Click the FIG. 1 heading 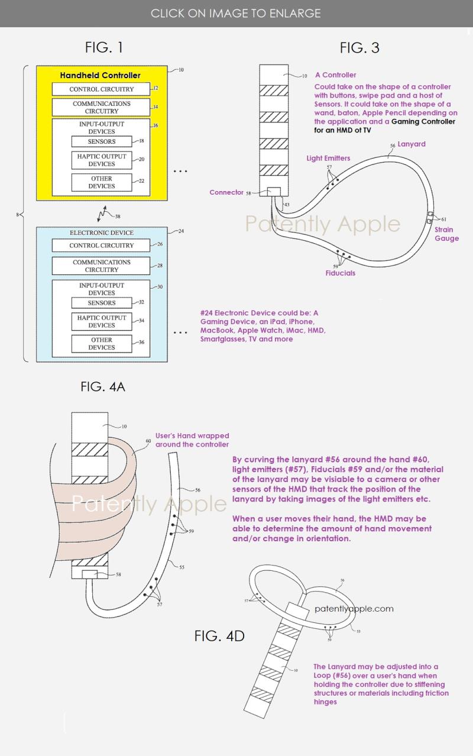tap(104, 47)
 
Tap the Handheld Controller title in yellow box tap(101, 75)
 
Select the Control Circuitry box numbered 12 tap(101, 89)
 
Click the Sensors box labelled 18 tap(102, 141)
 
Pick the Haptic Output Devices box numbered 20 tap(102, 160)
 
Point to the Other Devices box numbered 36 tap(102, 344)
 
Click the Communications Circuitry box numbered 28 tap(101, 266)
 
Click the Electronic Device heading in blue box tap(102, 233)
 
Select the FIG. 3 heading tap(359, 48)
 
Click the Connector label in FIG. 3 tap(226, 192)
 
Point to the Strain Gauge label tap(446, 234)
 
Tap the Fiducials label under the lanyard tap(341, 273)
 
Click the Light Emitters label tap(328, 158)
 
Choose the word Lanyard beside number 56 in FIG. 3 tap(411, 144)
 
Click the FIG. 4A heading tap(103, 387)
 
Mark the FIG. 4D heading tap(219, 636)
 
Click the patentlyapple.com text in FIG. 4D tap(354, 608)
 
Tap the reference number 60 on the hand tap(148, 441)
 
